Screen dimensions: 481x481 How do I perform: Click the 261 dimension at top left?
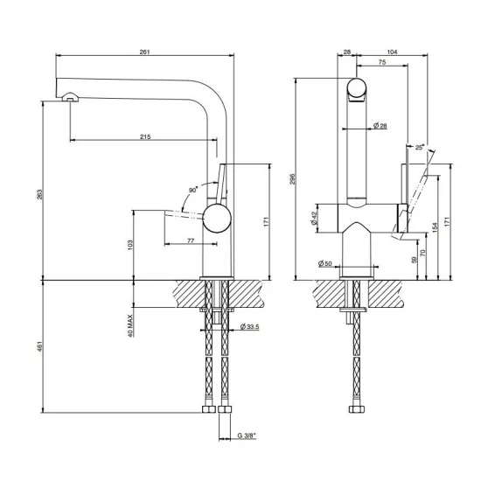pyautogui.click(x=144, y=52)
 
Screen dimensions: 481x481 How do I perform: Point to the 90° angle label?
pyautogui.click(x=192, y=187)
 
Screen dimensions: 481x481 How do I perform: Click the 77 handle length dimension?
pyautogui.click(x=190, y=240)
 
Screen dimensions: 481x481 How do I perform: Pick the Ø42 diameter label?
pyautogui.click(x=314, y=218)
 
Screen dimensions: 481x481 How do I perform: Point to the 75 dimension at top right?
pyautogui.click(x=383, y=62)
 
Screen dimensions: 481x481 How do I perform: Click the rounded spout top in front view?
pyautogui.click(x=358, y=89)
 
